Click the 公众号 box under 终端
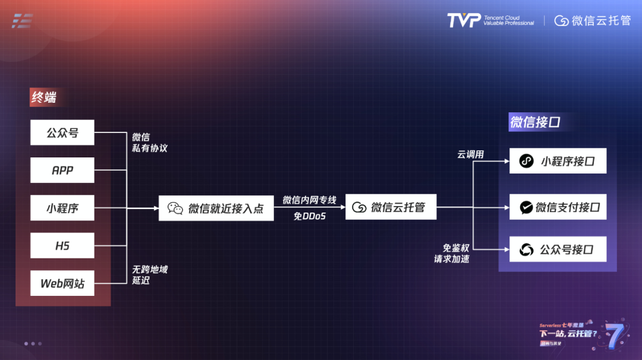click(x=62, y=133)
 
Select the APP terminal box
click(x=62, y=170)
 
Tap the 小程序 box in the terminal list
click(x=62, y=209)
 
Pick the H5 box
click(x=62, y=246)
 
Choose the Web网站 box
click(x=62, y=283)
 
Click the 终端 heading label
click(x=44, y=97)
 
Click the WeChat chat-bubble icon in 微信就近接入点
click(x=175, y=208)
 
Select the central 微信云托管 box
click(x=391, y=207)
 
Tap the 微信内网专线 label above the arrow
click(x=309, y=200)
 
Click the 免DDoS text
click(x=310, y=216)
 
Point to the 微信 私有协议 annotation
click(x=149, y=143)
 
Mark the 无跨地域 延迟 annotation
click(x=149, y=274)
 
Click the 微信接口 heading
click(x=535, y=122)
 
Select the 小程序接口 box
click(x=558, y=161)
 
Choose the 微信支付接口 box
click(x=558, y=207)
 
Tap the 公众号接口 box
click(x=558, y=250)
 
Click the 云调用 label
click(x=470, y=154)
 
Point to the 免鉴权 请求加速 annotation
click(x=451, y=253)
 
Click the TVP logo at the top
click(x=464, y=21)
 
